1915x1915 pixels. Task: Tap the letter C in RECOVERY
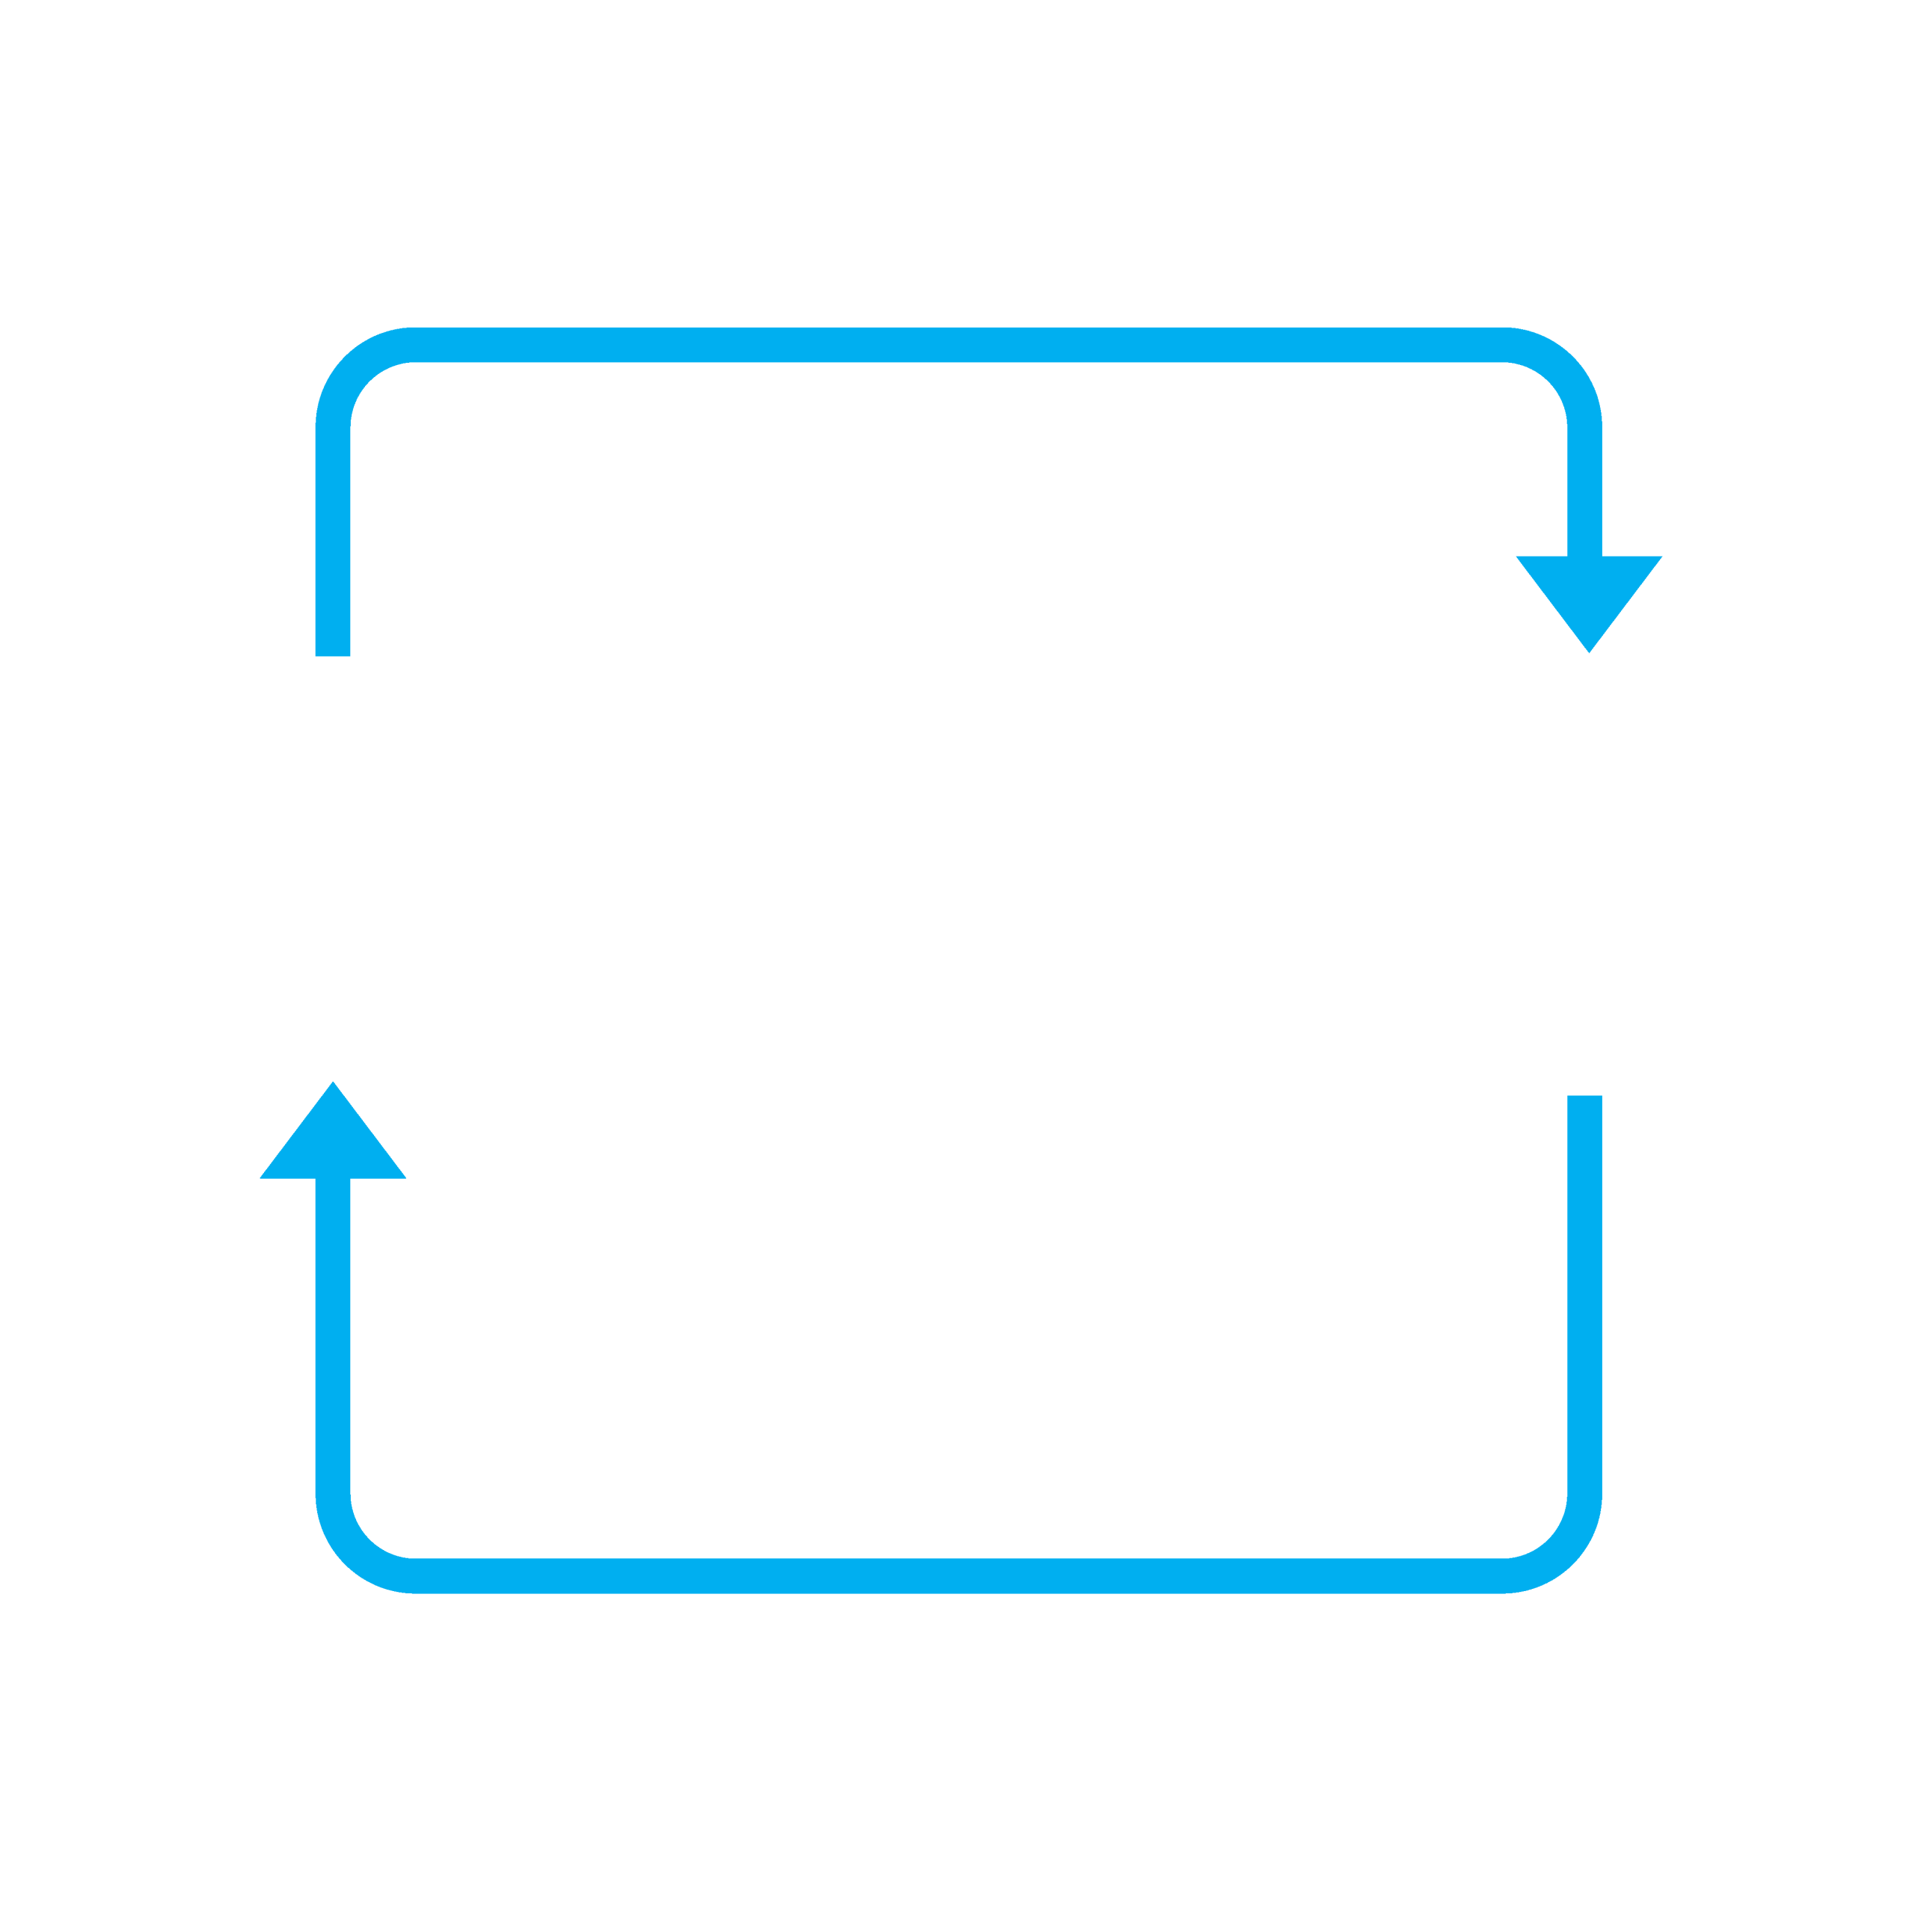pos(976,878)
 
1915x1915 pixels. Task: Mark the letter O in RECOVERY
pos(1165,878)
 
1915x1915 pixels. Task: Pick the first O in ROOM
pos(823,1125)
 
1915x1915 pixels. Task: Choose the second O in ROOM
pos(1031,1125)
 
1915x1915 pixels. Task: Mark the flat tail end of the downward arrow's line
pos(333,649)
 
